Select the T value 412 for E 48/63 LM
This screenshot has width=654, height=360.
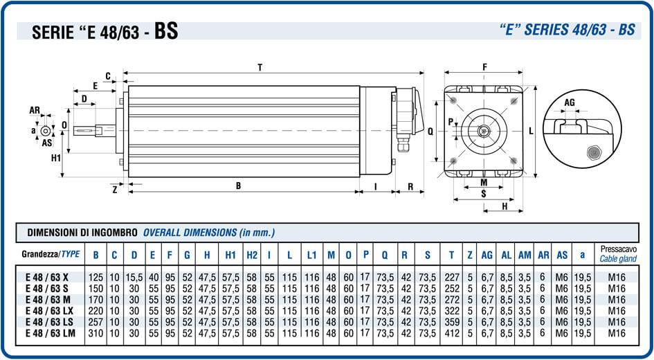(451, 333)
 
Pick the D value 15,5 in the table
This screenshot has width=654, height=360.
(134, 277)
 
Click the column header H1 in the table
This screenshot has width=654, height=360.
(230, 255)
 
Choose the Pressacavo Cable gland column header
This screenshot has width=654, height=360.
(619, 254)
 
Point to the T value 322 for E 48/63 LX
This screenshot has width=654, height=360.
(451, 311)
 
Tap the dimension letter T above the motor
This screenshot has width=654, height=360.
(260, 67)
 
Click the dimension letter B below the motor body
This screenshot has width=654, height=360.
(238, 185)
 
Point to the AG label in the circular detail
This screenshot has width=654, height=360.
(570, 102)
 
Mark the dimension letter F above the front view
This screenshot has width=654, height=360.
(484, 67)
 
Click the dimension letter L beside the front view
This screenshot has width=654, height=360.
(531, 130)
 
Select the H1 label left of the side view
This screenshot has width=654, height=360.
(56, 158)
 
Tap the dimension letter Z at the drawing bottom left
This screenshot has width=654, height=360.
(114, 188)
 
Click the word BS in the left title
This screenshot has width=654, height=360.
(165, 31)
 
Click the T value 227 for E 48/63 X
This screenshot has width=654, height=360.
(451, 277)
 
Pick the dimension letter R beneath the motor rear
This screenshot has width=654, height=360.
(410, 186)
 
